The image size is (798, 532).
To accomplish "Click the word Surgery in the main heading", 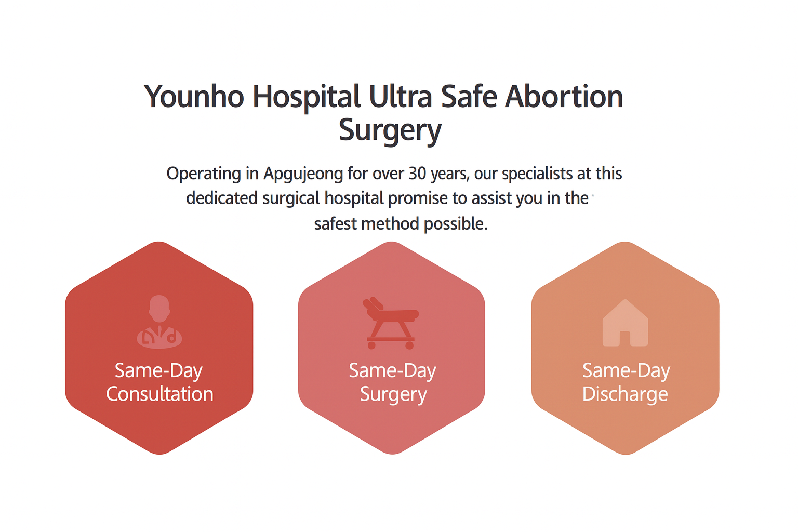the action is (390, 130).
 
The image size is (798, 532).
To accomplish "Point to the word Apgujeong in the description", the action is (303, 175).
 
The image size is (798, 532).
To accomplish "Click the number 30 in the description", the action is (417, 174).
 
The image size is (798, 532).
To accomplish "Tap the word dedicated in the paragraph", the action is (222, 198).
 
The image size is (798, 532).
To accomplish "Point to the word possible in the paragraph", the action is (456, 224).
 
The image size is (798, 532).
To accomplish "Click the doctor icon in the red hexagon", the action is (159, 322).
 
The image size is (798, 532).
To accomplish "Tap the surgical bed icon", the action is (391, 323).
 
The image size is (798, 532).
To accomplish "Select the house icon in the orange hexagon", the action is (625, 323).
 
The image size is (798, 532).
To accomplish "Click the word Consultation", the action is (159, 394).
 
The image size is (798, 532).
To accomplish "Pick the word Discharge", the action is (625, 395).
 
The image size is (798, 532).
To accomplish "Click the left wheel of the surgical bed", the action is (371, 345).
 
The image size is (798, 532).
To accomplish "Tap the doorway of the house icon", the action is (625, 339).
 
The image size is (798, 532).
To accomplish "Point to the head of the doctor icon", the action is (159, 308).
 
